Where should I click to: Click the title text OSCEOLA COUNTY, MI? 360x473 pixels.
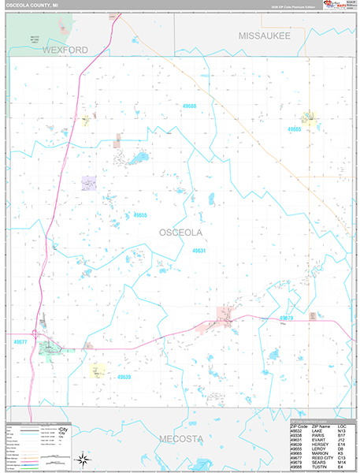[x=35, y=5]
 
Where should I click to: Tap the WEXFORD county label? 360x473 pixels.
[x=61, y=50]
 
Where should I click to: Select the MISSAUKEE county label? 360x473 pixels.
[x=265, y=36]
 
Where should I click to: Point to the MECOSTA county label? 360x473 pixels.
[x=181, y=438]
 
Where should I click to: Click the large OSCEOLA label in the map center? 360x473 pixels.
[x=181, y=233]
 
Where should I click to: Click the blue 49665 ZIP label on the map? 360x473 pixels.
[x=296, y=128]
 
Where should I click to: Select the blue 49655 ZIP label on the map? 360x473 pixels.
[x=141, y=214]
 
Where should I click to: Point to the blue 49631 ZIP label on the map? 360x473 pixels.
[x=199, y=251]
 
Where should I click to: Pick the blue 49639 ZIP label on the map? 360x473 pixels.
[x=124, y=378]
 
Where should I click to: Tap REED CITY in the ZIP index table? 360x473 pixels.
[x=322, y=460]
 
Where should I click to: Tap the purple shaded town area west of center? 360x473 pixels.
[x=89, y=183]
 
